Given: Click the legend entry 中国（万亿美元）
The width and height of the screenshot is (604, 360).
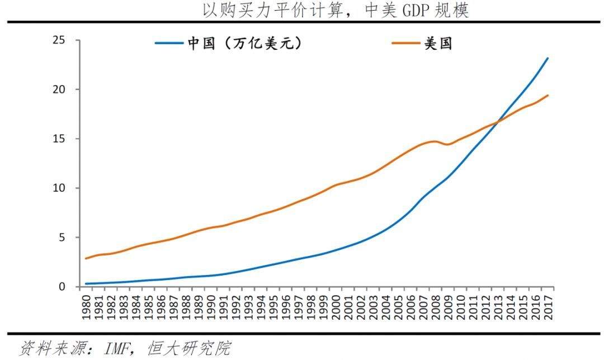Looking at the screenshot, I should [229, 44].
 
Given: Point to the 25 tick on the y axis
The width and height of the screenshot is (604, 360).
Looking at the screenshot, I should [59, 40].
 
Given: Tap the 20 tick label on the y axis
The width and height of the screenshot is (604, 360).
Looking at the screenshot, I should [59, 89].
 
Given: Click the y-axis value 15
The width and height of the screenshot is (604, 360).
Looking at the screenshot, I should [59, 139].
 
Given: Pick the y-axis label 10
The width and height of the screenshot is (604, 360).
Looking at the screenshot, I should [59, 188].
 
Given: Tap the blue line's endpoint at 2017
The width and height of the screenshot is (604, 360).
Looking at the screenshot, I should [548, 58].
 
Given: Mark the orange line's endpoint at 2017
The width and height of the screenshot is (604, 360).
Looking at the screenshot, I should [548, 96].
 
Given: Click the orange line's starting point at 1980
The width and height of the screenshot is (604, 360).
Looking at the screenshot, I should [86, 258].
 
